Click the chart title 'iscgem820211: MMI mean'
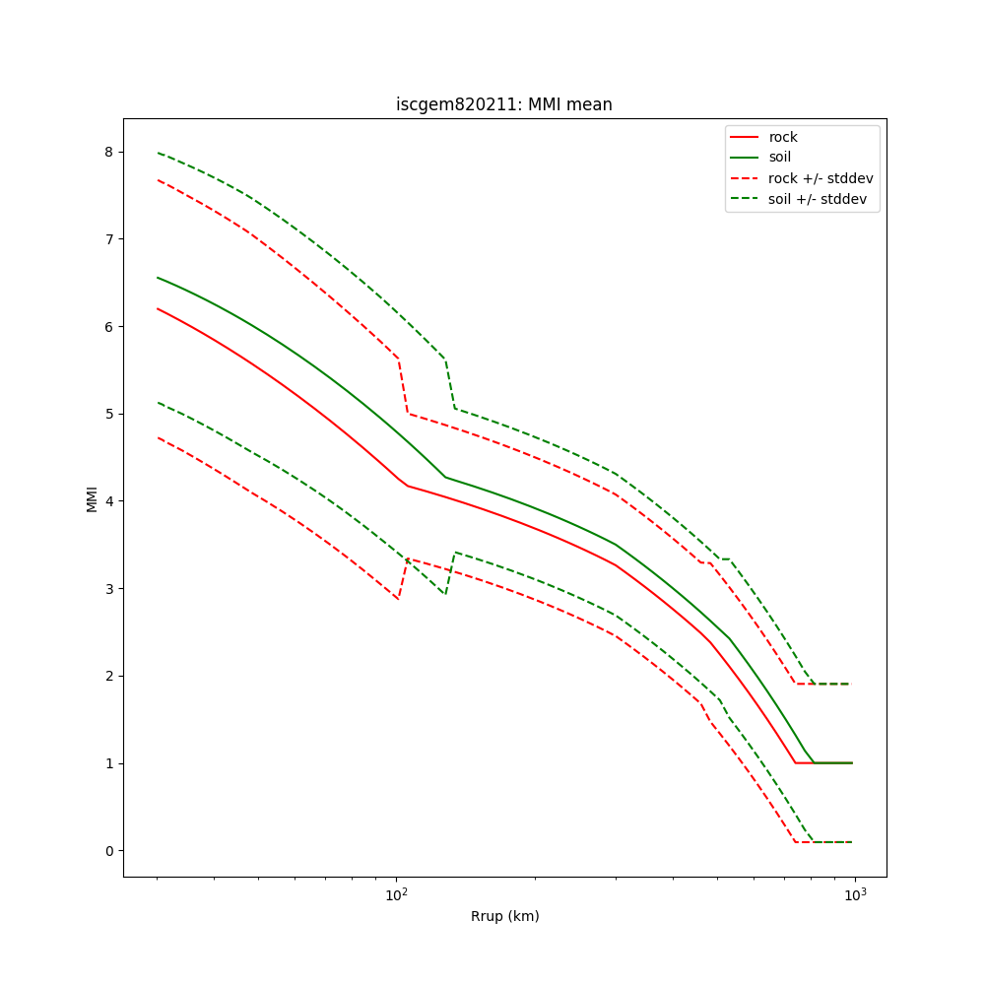pos(503,104)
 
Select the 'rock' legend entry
pos(783,137)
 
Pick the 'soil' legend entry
pos(779,157)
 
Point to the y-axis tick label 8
pos(108,152)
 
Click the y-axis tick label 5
pos(108,414)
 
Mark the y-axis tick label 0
pos(108,851)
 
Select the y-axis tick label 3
pos(108,589)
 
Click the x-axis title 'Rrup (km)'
pos(504,916)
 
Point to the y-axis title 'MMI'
pos(92,498)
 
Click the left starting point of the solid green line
pos(158,277)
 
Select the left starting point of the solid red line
pos(158,308)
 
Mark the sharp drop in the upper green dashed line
pos(450,384)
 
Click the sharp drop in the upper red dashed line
pos(403,387)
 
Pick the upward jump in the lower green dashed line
pos(450,572)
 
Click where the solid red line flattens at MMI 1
pos(796,762)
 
